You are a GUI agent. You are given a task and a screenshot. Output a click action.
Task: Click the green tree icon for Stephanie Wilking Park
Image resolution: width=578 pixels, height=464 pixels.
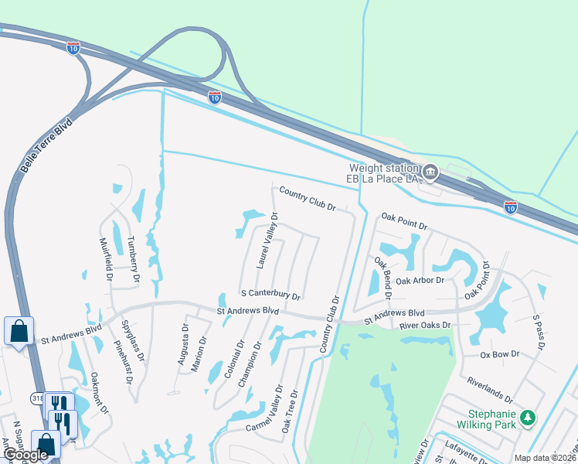tap(529, 418)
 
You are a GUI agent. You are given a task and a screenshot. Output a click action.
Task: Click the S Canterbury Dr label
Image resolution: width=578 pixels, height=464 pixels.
tap(270, 295)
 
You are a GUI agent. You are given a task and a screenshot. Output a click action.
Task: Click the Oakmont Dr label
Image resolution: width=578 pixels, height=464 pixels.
tap(97, 393)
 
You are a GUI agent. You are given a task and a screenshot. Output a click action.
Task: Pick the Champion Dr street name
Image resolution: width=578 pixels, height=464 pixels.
tap(254, 365)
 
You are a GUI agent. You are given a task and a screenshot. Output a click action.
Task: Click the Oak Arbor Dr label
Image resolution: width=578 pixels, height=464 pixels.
tap(420, 281)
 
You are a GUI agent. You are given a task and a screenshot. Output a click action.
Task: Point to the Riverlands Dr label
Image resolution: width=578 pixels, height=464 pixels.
tap(490, 390)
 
